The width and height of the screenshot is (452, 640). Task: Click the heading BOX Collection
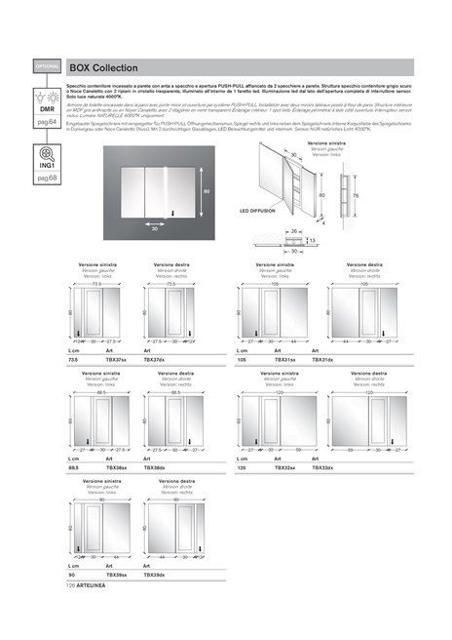(103, 67)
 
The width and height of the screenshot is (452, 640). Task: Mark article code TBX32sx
(285, 468)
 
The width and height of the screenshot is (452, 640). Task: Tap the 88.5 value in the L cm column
(74, 468)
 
